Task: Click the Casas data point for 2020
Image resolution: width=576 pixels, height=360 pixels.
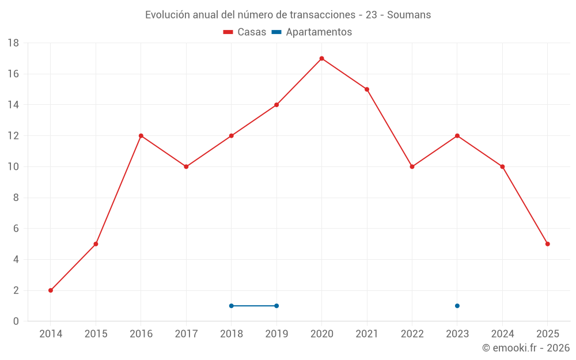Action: [x=321, y=58]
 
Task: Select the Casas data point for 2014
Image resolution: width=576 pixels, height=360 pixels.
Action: [x=51, y=290]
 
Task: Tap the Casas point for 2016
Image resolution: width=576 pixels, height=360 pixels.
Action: [x=141, y=136]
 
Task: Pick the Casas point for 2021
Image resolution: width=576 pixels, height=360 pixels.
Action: [x=367, y=89]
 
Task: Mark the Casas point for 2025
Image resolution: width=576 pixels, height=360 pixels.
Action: [x=547, y=244]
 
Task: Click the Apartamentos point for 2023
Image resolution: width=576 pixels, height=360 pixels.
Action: [x=457, y=306]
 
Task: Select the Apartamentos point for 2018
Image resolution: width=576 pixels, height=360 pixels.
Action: [x=232, y=306]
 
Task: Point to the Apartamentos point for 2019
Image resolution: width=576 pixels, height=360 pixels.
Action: [x=276, y=306]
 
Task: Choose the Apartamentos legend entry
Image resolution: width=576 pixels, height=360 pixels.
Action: [x=319, y=32]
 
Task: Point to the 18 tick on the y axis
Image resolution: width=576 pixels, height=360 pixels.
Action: [x=13, y=43]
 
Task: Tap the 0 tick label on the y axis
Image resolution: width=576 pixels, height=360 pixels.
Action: [x=16, y=321]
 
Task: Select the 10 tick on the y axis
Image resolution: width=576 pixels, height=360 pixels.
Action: [x=13, y=167]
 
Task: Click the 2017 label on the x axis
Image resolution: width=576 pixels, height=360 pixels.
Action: [x=186, y=334]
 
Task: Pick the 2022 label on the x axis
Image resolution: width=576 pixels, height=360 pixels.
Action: [x=412, y=334]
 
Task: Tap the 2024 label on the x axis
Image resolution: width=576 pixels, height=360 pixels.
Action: [x=502, y=334]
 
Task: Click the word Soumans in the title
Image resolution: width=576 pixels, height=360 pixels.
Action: [x=409, y=15]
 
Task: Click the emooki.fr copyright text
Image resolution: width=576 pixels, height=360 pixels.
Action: [x=526, y=348]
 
